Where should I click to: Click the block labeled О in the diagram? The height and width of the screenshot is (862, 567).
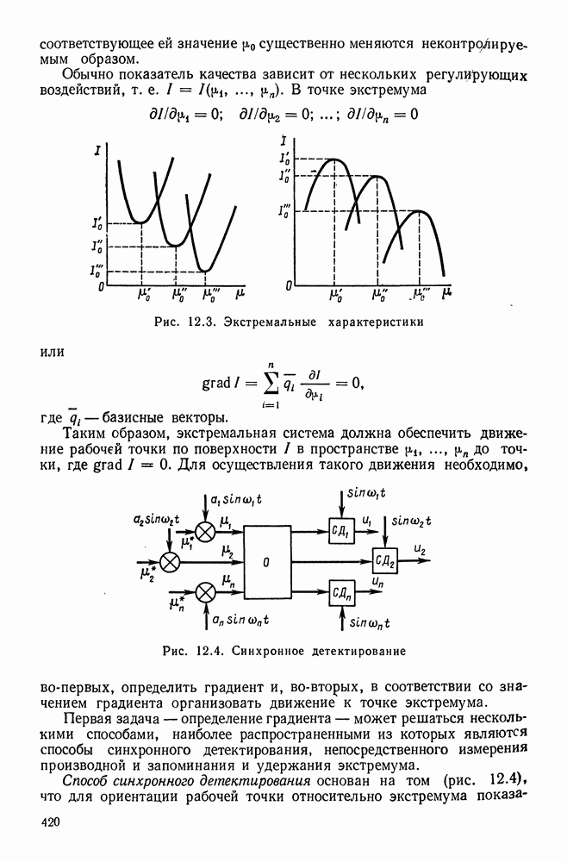(x=266, y=561)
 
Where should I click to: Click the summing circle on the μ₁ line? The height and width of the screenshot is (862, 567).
(x=205, y=530)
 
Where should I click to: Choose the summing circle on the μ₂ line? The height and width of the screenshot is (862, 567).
(x=171, y=561)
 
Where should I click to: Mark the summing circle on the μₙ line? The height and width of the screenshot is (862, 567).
(x=205, y=591)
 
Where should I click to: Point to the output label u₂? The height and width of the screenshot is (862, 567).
(x=420, y=548)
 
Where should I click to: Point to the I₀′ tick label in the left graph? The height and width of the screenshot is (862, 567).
(x=100, y=222)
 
